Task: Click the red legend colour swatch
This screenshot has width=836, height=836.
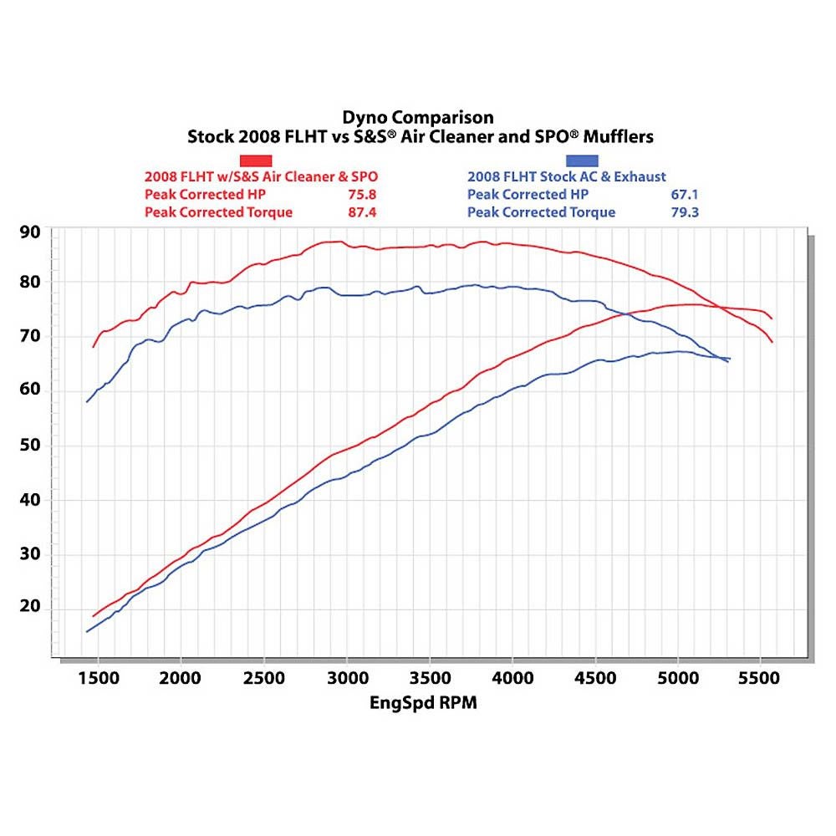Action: pyautogui.click(x=257, y=160)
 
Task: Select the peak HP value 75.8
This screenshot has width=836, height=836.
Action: pyautogui.click(x=361, y=195)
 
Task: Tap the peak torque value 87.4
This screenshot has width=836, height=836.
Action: pyautogui.click(x=361, y=212)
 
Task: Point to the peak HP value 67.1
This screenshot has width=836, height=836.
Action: pyautogui.click(x=684, y=195)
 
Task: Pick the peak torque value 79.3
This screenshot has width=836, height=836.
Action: pyautogui.click(x=684, y=212)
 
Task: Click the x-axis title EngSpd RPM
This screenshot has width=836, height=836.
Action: pyautogui.click(x=423, y=703)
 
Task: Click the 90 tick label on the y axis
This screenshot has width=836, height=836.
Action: pyautogui.click(x=31, y=232)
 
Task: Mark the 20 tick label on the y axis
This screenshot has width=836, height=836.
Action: pyautogui.click(x=31, y=607)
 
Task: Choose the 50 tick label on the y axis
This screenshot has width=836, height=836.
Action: pyautogui.click(x=31, y=445)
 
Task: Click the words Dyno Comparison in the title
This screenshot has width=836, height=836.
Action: pyautogui.click(x=418, y=117)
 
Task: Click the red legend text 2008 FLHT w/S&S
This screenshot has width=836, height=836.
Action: pyautogui.click(x=209, y=177)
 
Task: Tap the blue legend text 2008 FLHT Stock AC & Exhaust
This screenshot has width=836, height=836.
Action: pyautogui.click(x=567, y=177)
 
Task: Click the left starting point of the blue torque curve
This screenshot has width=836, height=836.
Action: pyautogui.click(x=86, y=402)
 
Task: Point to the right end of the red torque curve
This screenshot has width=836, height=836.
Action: pyautogui.click(x=772, y=342)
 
